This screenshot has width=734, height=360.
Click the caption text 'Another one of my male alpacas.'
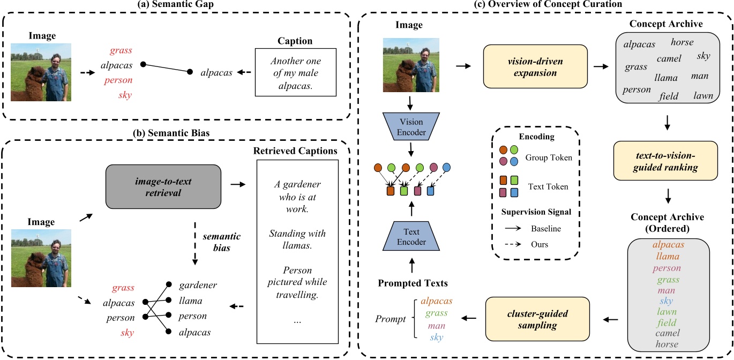tap(295, 73)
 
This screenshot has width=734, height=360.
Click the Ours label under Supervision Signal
tap(540, 245)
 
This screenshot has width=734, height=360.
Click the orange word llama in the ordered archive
tap(668, 256)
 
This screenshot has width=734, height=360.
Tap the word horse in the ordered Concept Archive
tap(668, 344)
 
